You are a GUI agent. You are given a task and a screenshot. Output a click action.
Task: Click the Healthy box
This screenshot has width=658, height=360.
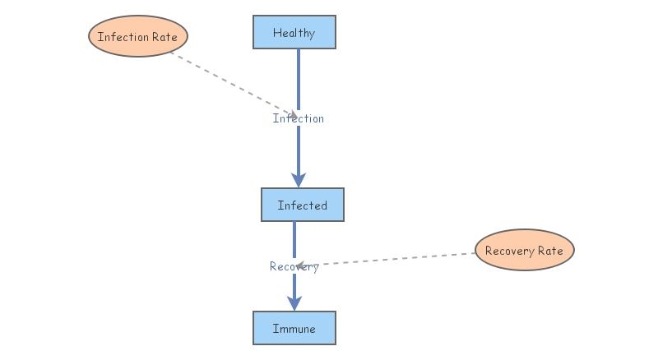(x=294, y=32)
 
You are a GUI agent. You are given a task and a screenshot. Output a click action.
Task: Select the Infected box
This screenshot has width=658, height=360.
(x=302, y=205)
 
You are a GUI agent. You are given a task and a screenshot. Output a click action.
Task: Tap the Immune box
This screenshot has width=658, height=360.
(x=294, y=328)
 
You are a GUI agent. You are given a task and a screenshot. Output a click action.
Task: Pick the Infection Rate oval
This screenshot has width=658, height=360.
(x=138, y=36)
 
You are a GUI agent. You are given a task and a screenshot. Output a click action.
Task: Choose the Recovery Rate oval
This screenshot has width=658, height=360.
(x=525, y=250)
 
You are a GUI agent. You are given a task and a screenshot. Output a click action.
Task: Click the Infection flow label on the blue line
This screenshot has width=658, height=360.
(x=299, y=118)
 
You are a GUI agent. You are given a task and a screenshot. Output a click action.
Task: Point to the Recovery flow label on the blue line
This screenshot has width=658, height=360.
(x=294, y=266)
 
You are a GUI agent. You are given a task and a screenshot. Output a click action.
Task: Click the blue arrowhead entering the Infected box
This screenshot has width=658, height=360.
(x=299, y=180)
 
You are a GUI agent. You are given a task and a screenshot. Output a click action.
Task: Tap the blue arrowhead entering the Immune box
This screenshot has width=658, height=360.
(x=294, y=303)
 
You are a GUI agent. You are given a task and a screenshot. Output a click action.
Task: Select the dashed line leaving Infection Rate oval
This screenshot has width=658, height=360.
(x=230, y=82)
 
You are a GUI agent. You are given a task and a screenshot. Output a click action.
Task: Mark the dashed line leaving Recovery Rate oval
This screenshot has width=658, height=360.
(x=395, y=259)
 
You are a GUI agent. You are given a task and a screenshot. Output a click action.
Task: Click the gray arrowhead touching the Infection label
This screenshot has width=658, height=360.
(x=292, y=115)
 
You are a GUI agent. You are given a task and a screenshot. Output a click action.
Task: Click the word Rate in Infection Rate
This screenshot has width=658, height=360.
(x=163, y=37)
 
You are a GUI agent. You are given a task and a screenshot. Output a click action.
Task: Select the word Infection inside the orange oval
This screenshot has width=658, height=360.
(x=123, y=37)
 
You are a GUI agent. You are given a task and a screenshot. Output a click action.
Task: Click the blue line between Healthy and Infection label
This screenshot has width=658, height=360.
(x=299, y=78)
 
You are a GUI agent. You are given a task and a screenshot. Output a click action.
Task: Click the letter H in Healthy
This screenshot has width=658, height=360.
(x=277, y=33)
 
